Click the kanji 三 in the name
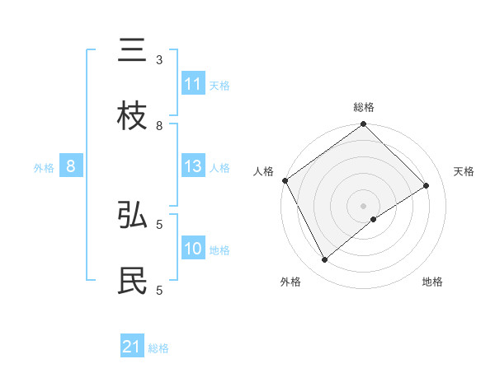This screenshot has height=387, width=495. [132, 52]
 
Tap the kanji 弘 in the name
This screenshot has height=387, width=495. [132, 215]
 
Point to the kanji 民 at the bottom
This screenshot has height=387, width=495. [132, 281]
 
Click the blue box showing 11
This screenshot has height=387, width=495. [193, 84]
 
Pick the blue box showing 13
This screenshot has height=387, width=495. [193, 166]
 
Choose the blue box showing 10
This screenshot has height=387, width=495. [193, 249]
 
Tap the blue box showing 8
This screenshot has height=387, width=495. [71, 166]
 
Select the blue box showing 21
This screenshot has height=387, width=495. [132, 347]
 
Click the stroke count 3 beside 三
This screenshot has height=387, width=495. [159, 60]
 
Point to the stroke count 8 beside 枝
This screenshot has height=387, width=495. [159, 125]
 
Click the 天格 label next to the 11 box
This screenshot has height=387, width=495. [219, 85]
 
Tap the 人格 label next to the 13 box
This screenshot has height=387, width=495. [219, 167]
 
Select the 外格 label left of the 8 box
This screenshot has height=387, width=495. [44, 167]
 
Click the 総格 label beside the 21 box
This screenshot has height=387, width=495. [158, 348]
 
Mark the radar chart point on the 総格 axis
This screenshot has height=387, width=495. [363, 124]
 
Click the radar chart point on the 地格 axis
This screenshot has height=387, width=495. [374, 219]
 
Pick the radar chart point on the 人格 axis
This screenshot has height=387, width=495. [285, 180]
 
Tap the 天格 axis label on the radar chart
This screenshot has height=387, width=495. [464, 171]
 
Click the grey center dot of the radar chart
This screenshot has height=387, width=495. [363, 205]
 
